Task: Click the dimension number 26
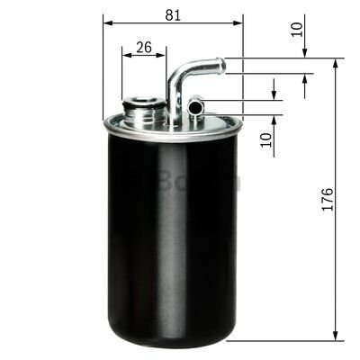[x=142, y=47]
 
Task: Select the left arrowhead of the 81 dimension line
[x=106, y=22]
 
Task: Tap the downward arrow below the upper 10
[x=304, y=53]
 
